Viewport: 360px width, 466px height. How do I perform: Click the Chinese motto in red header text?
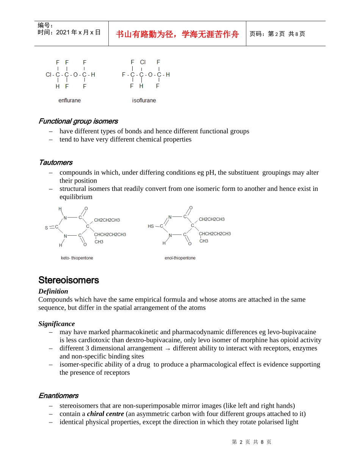(177, 34)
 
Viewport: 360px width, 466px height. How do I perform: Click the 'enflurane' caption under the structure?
(69, 100)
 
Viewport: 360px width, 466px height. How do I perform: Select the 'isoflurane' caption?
(144, 100)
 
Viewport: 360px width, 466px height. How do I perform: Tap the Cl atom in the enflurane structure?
(49, 75)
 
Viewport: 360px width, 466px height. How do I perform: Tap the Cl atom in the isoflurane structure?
(142, 62)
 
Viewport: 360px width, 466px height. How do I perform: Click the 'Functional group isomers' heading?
(78, 121)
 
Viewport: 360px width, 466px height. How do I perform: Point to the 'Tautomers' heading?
(55, 163)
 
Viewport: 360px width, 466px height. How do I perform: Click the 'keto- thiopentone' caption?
(77, 258)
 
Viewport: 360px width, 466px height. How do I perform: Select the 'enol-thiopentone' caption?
(180, 258)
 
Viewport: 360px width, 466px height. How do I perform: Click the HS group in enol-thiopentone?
(151, 226)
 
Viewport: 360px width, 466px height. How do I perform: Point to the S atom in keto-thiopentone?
(47, 228)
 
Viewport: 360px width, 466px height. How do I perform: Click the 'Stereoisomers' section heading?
(69, 280)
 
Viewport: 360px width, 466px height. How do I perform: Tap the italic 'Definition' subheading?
(53, 291)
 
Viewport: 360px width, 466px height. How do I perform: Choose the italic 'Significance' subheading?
(56, 324)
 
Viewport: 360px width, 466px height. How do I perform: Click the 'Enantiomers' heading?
(58, 396)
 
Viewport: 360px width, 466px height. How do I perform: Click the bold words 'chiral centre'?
(105, 414)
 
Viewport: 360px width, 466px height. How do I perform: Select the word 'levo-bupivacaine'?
(292, 332)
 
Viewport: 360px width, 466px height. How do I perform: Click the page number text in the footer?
(252, 442)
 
